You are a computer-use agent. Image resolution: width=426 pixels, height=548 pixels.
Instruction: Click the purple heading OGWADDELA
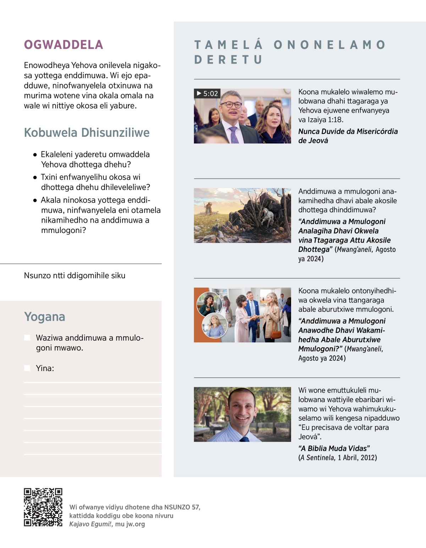64,45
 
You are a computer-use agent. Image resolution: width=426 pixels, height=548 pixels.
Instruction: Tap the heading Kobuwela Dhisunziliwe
87,132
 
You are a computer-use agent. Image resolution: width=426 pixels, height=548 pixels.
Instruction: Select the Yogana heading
44,316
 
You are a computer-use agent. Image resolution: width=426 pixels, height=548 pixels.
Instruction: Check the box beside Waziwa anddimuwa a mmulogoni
27,338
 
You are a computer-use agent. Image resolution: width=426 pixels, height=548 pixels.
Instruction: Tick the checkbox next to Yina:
27,368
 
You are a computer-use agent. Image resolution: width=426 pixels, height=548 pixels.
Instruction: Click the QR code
43,507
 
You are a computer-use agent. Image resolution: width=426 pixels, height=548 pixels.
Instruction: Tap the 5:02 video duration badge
207,93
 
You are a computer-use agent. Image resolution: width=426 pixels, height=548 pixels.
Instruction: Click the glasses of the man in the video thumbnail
231,105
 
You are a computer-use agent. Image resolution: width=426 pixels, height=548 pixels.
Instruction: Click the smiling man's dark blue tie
245,439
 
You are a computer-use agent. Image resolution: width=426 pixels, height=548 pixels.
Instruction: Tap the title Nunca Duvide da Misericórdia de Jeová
348,136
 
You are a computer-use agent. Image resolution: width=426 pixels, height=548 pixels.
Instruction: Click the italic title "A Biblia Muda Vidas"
334,448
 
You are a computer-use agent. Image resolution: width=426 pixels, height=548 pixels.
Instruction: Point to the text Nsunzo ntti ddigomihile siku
75,276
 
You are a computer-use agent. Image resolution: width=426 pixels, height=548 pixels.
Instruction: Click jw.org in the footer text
135,524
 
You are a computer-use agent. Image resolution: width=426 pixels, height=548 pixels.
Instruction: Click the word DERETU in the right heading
228,60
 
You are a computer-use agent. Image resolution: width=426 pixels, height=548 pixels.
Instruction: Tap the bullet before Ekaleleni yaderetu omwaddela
35,155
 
